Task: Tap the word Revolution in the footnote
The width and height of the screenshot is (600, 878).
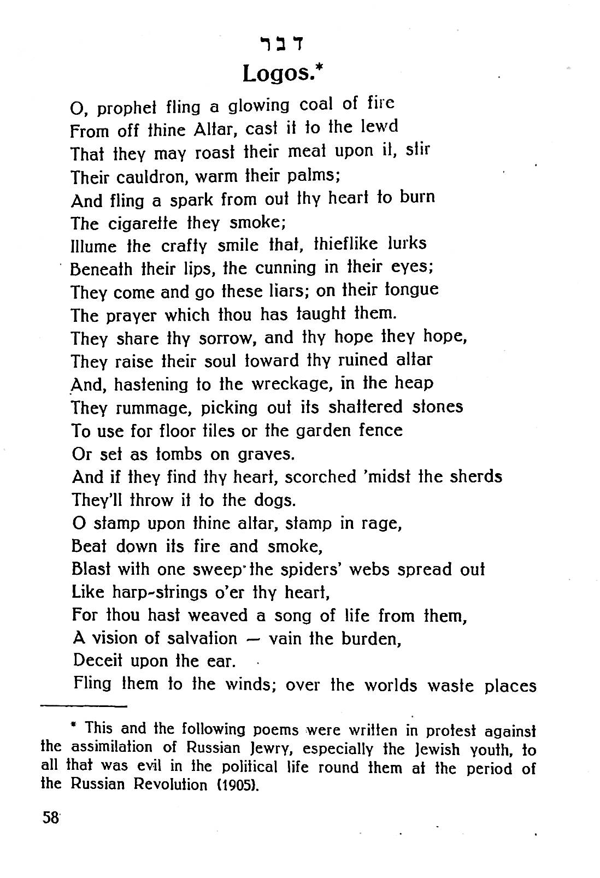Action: click(x=175, y=785)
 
